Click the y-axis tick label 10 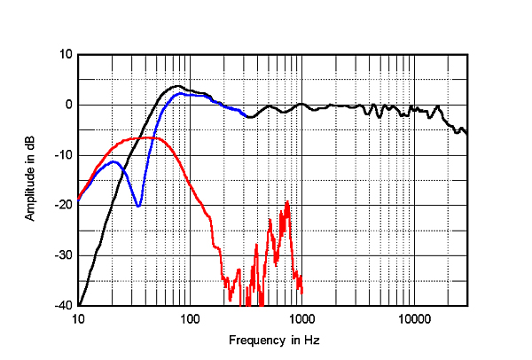pyautogui.click(x=65, y=55)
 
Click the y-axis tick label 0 pyautogui.click(x=67, y=105)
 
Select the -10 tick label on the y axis pyautogui.click(x=63, y=155)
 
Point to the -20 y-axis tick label pyautogui.click(x=63, y=205)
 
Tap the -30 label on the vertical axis pyautogui.click(x=63, y=255)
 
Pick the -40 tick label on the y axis pyautogui.click(x=63, y=305)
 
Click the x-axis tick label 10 pyautogui.click(x=78, y=319)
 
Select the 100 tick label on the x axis pyautogui.click(x=190, y=319)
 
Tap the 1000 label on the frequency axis pyautogui.click(x=301, y=319)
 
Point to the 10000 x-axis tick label pyautogui.click(x=413, y=319)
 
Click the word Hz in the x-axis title pyautogui.click(x=311, y=340)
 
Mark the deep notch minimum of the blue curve pyautogui.click(x=138, y=206)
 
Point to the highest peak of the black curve pyautogui.click(x=177, y=86)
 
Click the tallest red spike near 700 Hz pyautogui.click(x=287, y=202)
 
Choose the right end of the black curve pyautogui.click(x=467, y=134)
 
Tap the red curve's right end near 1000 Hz pyautogui.click(x=302, y=292)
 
